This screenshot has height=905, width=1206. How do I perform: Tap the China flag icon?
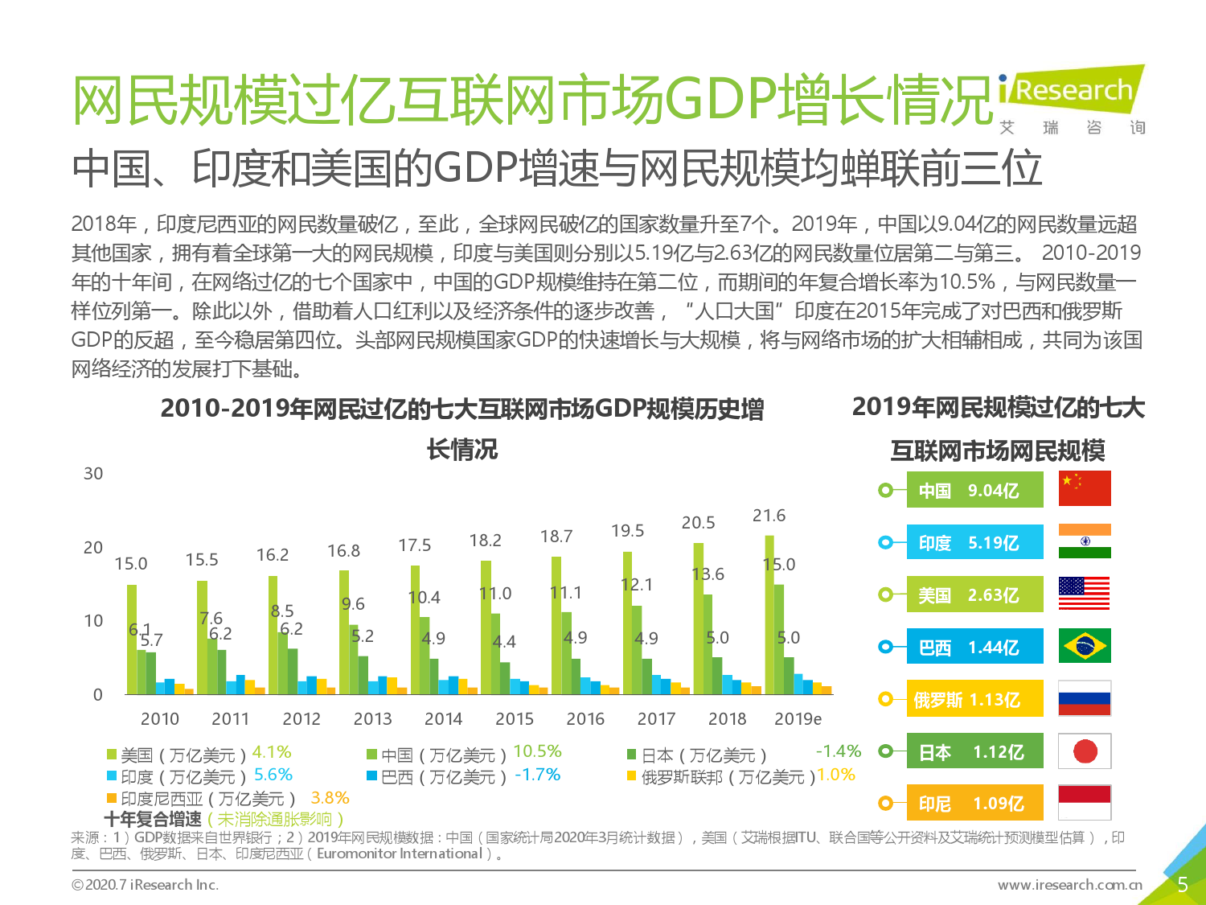1085,488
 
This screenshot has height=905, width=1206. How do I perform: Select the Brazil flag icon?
1085,645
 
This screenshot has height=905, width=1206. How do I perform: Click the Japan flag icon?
1085,751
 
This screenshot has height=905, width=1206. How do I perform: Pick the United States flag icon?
1085,594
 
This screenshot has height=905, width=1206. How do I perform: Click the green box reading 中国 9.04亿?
974,490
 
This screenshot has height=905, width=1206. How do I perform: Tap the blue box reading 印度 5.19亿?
974,542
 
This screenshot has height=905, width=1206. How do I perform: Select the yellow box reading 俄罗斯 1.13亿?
974,699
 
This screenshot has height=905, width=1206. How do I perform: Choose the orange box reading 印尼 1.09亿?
974,803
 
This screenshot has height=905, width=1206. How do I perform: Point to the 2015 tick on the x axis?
515,718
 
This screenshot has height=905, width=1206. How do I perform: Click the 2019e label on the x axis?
798,718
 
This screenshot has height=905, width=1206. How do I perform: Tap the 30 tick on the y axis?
93,474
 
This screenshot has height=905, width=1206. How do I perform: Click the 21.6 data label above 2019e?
769,516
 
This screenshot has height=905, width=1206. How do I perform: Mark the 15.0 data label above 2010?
131,564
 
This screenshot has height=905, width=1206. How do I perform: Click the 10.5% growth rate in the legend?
537,751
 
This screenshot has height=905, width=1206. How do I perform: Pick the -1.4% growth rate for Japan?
838,751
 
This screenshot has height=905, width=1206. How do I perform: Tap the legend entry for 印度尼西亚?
201,799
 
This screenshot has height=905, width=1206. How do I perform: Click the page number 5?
1182,885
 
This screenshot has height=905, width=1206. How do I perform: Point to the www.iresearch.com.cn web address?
1069,885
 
